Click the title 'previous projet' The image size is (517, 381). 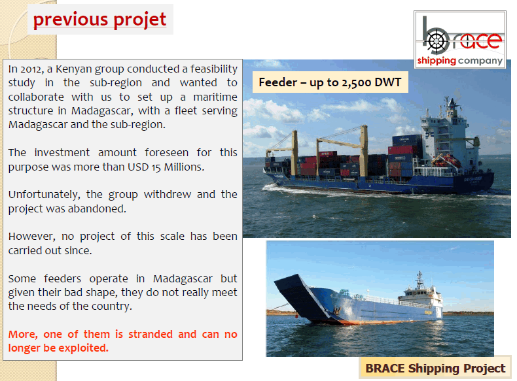click(x=99, y=20)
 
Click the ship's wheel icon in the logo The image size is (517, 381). click(x=437, y=41)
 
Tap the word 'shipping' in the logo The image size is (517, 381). click(x=437, y=61)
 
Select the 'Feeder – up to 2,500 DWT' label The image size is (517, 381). click(x=330, y=82)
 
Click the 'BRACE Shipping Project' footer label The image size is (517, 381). click(x=435, y=368)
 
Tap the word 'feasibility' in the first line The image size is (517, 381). click(x=213, y=69)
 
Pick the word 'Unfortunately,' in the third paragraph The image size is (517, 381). click(x=45, y=195)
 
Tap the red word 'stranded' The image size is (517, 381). click(x=151, y=334)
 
